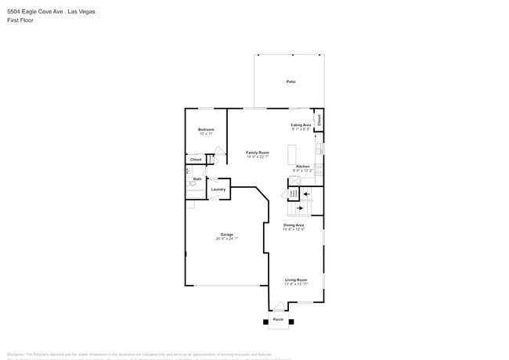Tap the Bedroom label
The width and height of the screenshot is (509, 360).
point(206,130)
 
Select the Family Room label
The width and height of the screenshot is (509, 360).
point(257,153)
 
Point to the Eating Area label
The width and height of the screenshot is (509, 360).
point(301,125)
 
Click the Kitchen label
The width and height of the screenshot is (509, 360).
point(302,167)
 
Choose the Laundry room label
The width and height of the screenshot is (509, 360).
point(218,189)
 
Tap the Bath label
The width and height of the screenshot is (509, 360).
point(197,179)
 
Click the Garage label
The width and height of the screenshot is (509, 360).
point(226,236)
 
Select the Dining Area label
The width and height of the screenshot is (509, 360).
point(294,225)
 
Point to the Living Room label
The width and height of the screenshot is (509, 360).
point(295,280)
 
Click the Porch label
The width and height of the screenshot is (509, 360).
point(278,319)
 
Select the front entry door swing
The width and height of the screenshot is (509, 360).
point(279,305)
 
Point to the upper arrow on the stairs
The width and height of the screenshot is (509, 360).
point(306,193)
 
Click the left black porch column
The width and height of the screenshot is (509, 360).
point(264,321)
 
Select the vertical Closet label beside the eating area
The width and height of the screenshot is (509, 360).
point(319,120)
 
